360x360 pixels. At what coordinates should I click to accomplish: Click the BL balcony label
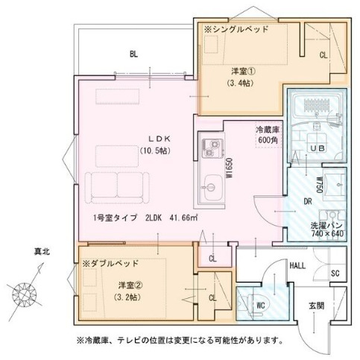click(133, 54)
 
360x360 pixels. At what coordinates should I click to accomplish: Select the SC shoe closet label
click(335, 273)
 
